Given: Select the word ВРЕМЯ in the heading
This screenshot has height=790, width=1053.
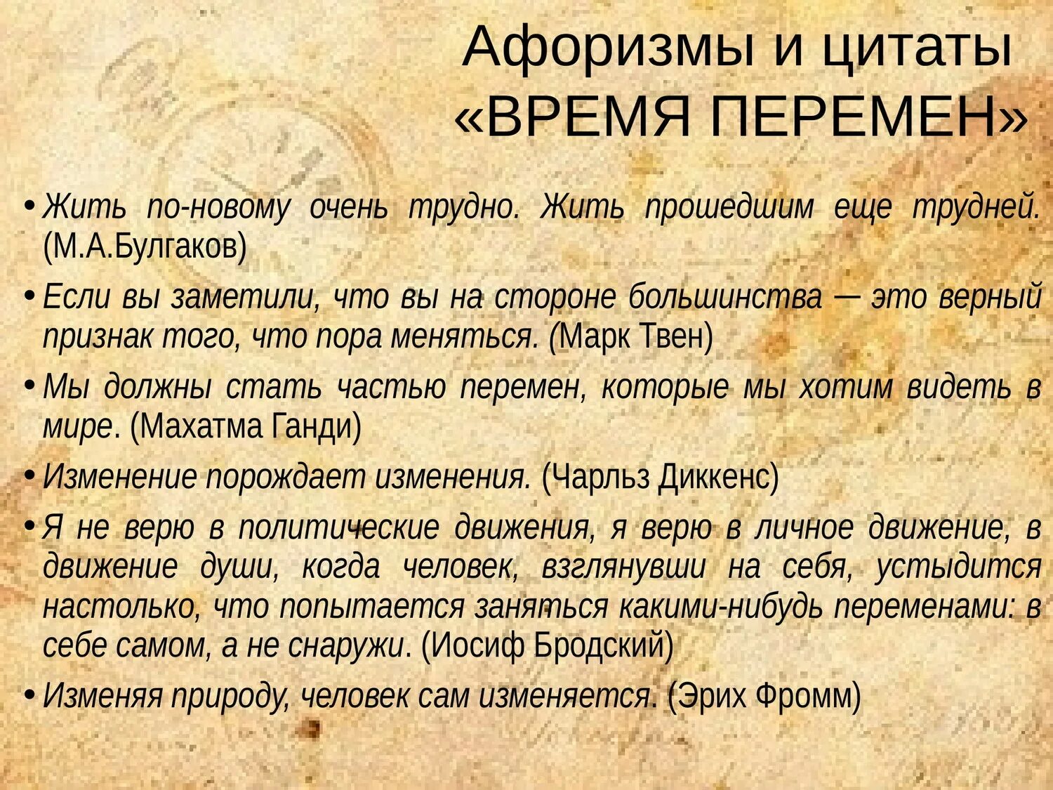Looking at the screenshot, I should click(589, 117).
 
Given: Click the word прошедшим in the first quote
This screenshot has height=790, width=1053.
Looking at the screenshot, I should click(729, 208).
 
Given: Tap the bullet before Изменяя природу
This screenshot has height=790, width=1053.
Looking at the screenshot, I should click(29, 694).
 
